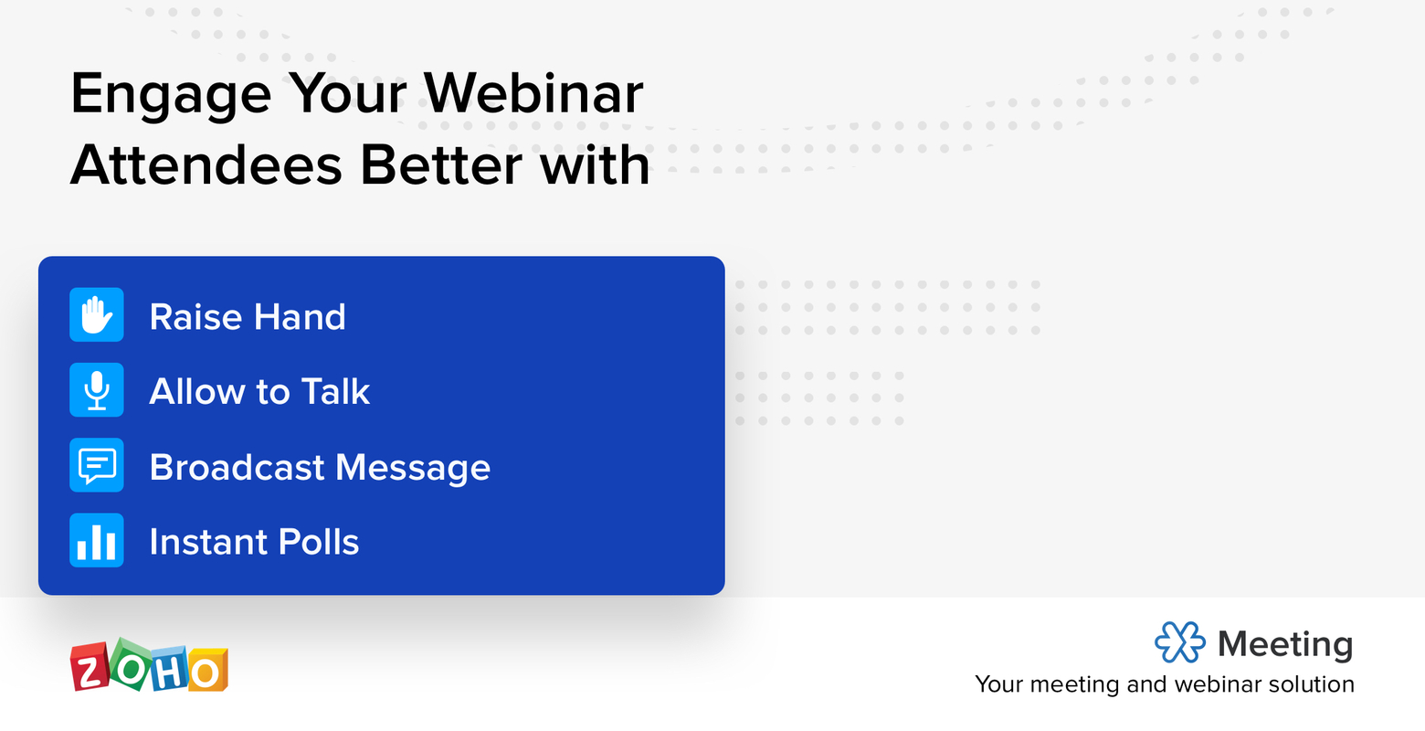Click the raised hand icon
point(97,315)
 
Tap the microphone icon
point(97,390)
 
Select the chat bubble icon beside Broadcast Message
point(97,466)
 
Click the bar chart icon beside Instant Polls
point(97,541)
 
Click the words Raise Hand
point(248,317)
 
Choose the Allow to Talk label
point(259,392)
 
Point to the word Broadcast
point(237,467)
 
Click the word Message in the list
point(413,469)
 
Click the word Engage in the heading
point(171,95)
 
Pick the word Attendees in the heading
point(206,165)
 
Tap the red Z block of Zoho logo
point(89,670)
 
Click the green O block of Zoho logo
point(130,663)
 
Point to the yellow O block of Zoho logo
point(206,673)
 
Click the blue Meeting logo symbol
point(1179,642)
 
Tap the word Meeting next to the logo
point(1285,644)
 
